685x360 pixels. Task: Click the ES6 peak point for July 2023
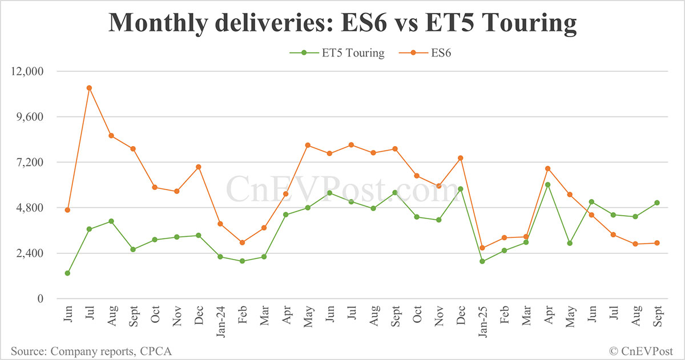point(89,88)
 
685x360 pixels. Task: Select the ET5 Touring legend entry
point(337,53)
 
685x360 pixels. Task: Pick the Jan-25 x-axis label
point(482,323)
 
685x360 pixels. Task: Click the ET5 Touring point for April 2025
point(547,185)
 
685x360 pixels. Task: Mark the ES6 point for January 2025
point(482,248)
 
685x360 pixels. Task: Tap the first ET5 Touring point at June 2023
point(67,273)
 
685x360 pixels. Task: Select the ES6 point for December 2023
point(199,167)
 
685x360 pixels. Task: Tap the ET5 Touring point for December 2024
point(460,189)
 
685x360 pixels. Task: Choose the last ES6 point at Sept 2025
point(657,243)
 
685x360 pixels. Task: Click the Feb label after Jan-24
point(242,319)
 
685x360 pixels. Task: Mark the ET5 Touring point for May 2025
point(569,243)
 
